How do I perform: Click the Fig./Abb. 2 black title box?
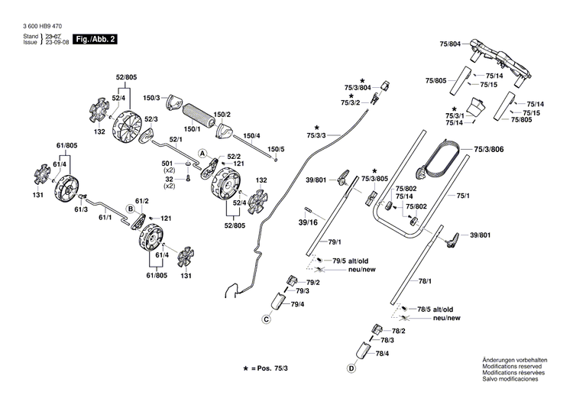click(95, 39)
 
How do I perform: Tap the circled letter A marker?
click(202, 153)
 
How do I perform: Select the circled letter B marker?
click(131, 209)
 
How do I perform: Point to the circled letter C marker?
click(267, 319)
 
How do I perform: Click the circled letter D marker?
click(351, 368)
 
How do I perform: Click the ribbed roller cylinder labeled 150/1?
click(197, 115)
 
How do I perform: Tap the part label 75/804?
click(450, 44)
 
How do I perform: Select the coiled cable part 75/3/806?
click(439, 160)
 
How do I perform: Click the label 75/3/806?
click(489, 149)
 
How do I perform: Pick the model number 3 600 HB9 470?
click(42, 26)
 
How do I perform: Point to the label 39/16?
click(308, 222)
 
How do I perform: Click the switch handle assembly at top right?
click(500, 63)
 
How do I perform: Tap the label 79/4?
click(297, 304)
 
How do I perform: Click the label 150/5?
click(276, 149)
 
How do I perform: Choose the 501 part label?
click(167, 164)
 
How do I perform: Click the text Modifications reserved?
click(512, 366)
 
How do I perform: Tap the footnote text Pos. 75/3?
click(272, 368)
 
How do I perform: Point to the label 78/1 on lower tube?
click(425, 281)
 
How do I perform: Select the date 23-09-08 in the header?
click(57, 42)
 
